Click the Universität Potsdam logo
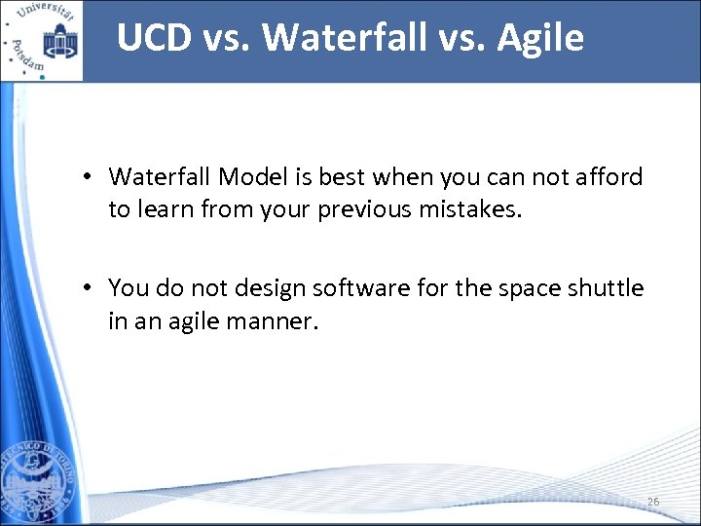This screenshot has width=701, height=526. click(42, 41)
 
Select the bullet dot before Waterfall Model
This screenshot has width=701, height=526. click(88, 177)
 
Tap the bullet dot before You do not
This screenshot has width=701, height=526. click(88, 288)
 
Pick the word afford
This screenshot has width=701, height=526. click(609, 177)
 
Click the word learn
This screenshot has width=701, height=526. click(164, 209)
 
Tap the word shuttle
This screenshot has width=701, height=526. click(608, 288)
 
